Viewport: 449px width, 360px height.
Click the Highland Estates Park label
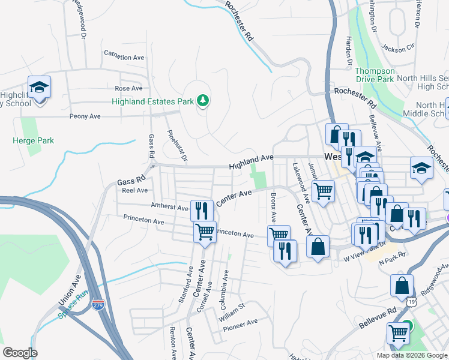pos(152,101)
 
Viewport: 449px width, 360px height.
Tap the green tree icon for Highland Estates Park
pos(203,101)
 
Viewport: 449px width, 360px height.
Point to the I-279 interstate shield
pos(98,305)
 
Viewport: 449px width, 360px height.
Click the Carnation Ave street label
pos(124,58)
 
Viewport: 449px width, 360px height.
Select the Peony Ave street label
pos(85,116)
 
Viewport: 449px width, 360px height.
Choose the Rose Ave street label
pos(128,88)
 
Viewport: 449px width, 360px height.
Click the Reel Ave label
pos(134,190)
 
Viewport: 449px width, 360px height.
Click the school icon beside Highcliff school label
pos(39,88)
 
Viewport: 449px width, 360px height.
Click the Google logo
pos(20,352)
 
